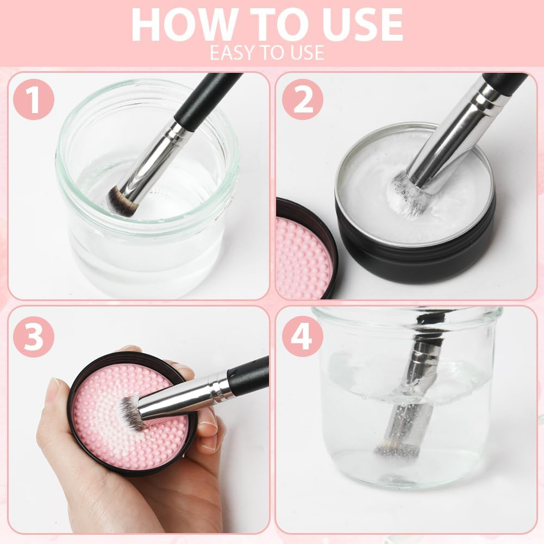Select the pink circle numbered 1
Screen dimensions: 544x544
tap(34, 100)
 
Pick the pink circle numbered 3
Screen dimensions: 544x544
tap(34, 337)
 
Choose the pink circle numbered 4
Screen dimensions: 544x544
tap(303, 337)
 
